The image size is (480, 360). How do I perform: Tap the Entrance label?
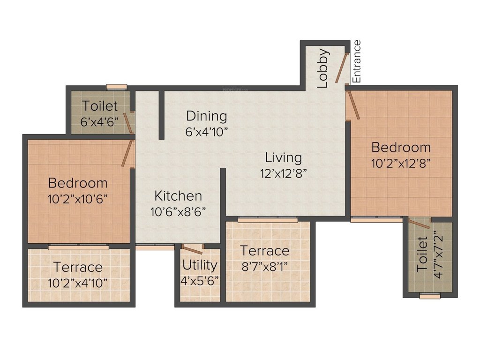tap(357, 61)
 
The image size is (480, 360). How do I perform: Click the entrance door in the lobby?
tap(342, 68)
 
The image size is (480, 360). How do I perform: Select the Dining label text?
tap(206, 116)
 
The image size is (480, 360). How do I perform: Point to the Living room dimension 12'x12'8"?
tap(283, 173)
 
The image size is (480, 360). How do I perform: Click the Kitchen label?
tap(178, 195)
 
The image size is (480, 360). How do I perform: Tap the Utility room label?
tap(200, 265)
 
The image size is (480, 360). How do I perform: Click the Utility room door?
tap(192, 249)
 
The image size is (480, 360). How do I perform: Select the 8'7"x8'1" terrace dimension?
tap(264, 267)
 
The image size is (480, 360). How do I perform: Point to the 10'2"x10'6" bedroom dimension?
tap(78, 198)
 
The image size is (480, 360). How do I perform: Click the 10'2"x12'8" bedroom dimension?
tap(401, 163)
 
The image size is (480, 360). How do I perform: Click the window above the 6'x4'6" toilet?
tap(116, 87)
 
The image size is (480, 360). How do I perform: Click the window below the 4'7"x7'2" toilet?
tap(429, 296)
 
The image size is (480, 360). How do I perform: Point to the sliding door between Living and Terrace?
tap(267, 219)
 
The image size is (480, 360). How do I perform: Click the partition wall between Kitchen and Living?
tap(223, 192)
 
